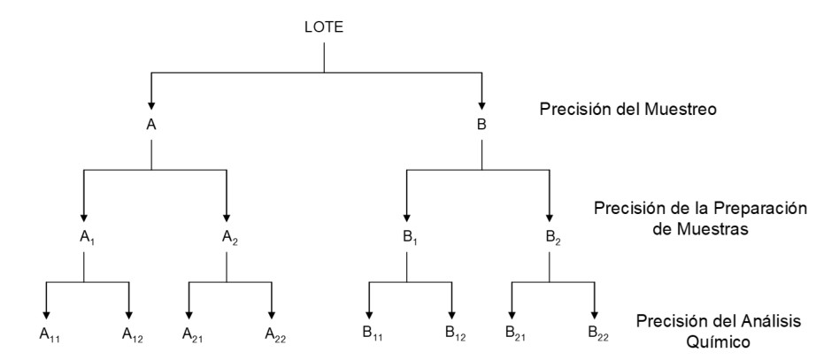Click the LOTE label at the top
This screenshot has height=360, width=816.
point(325,27)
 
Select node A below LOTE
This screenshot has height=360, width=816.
point(151,125)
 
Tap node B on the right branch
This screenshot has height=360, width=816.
point(481,125)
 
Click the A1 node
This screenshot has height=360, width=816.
point(84,237)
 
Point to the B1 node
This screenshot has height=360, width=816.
point(407,237)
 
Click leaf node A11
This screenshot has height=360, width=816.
point(48,333)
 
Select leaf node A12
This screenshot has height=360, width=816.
point(131,333)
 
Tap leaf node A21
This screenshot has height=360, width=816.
point(191,333)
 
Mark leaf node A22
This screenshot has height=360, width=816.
point(273,333)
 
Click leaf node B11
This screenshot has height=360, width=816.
point(371,333)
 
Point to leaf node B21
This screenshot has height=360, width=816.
point(513,333)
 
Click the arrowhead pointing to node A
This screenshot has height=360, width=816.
point(151,103)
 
